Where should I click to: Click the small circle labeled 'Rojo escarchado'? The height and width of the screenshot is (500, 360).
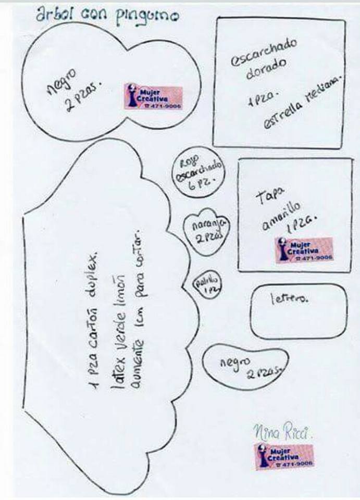coord(198,172)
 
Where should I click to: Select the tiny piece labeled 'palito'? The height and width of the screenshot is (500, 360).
coord(207,284)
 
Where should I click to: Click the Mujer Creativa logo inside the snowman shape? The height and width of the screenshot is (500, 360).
coord(153,97)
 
